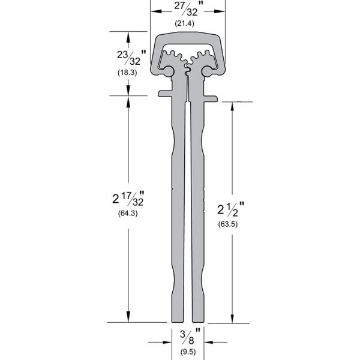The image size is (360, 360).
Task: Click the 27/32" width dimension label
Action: (189, 9)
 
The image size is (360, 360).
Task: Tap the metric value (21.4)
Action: (185, 23)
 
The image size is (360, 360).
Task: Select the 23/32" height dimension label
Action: (131, 58)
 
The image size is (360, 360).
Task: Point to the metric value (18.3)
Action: (127, 73)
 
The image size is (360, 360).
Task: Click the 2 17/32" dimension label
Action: (128, 199)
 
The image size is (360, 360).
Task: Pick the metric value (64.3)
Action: (128, 214)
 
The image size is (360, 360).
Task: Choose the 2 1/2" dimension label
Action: (231, 209)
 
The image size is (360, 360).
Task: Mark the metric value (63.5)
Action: (228, 224)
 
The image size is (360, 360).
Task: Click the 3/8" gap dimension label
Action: (190, 337)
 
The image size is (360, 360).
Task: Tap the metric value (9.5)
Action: (188, 352)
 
